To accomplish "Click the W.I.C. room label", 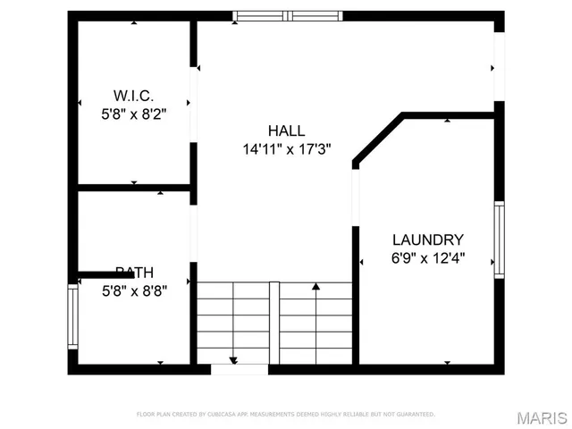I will pyautogui.click(x=133, y=96).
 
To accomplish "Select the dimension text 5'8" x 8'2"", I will pyautogui.click(x=133, y=114).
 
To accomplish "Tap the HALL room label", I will pyautogui.click(x=286, y=130).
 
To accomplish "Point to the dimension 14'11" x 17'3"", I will pyautogui.click(x=286, y=149).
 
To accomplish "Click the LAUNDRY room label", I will pyautogui.click(x=428, y=240).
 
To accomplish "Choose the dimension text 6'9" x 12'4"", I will pyautogui.click(x=428, y=258).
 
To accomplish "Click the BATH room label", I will pyautogui.click(x=133, y=272).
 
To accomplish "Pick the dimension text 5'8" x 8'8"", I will pyautogui.click(x=133, y=289).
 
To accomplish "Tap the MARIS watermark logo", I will pyautogui.click(x=541, y=417).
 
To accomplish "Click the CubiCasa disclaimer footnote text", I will pyautogui.click(x=285, y=414).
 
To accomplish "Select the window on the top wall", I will pyautogui.click(x=288, y=15).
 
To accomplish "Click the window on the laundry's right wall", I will pyautogui.click(x=500, y=240).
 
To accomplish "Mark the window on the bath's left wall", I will pyautogui.click(x=72, y=315).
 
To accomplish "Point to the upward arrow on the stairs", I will pyautogui.click(x=315, y=288).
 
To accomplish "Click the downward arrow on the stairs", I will pyautogui.click(x=233, y=359).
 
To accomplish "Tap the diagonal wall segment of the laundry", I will pyautogui.click(x=379, y=139).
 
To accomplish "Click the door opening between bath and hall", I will pyautogui.click(x=193, y=233).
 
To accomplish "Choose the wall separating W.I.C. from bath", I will pyautogui.click(x=133, y=188).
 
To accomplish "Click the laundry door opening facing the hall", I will pyautogui.click(x=356, y=197).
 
